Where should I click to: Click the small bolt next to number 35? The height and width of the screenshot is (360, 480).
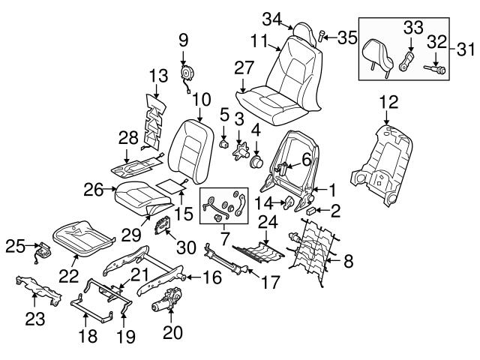323,34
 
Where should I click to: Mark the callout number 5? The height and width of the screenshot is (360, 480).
223,115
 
